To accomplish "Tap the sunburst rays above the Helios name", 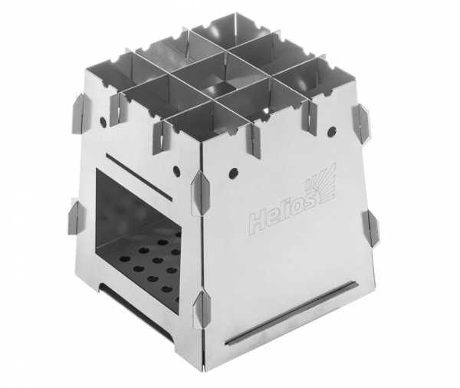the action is (321, 182).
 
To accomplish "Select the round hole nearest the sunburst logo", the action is (332, 130).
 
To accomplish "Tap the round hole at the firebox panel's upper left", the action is (103, 121).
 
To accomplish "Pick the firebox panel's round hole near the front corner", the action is (176, 170).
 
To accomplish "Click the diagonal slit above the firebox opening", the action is (137, 175).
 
